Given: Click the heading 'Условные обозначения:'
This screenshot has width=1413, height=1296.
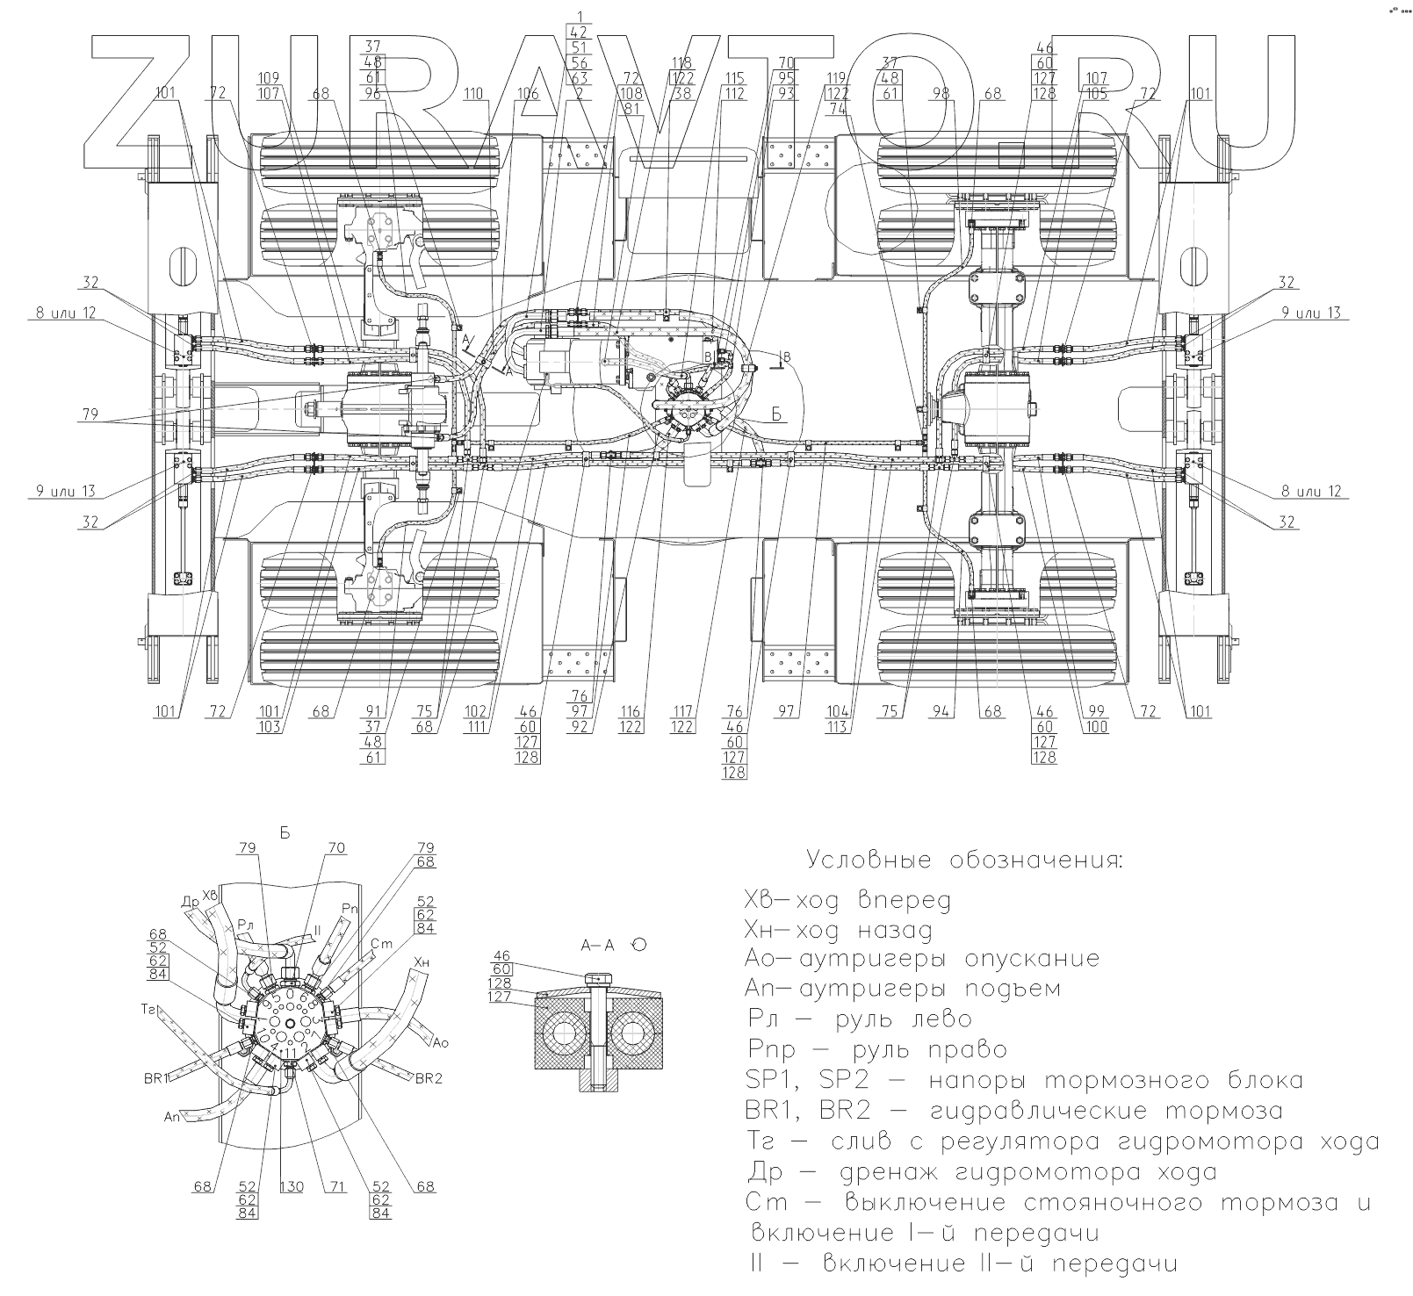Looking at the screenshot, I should [x=964, y=859].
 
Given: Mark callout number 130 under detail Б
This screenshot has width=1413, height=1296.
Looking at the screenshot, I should [x=292, y=1187].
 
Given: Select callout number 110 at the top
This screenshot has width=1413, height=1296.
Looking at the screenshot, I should [x=475, y=93].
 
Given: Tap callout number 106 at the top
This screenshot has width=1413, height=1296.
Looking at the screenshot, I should [x=528, y=93].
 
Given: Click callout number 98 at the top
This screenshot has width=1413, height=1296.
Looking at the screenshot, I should [x=941, y=93].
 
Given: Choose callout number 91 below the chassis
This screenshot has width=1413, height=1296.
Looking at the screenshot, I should [x=374, y=712].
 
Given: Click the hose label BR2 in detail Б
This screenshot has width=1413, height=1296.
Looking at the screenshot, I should [x=428, y=1077].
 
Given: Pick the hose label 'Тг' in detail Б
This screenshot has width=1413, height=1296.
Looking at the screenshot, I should [x=148, y=1011].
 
